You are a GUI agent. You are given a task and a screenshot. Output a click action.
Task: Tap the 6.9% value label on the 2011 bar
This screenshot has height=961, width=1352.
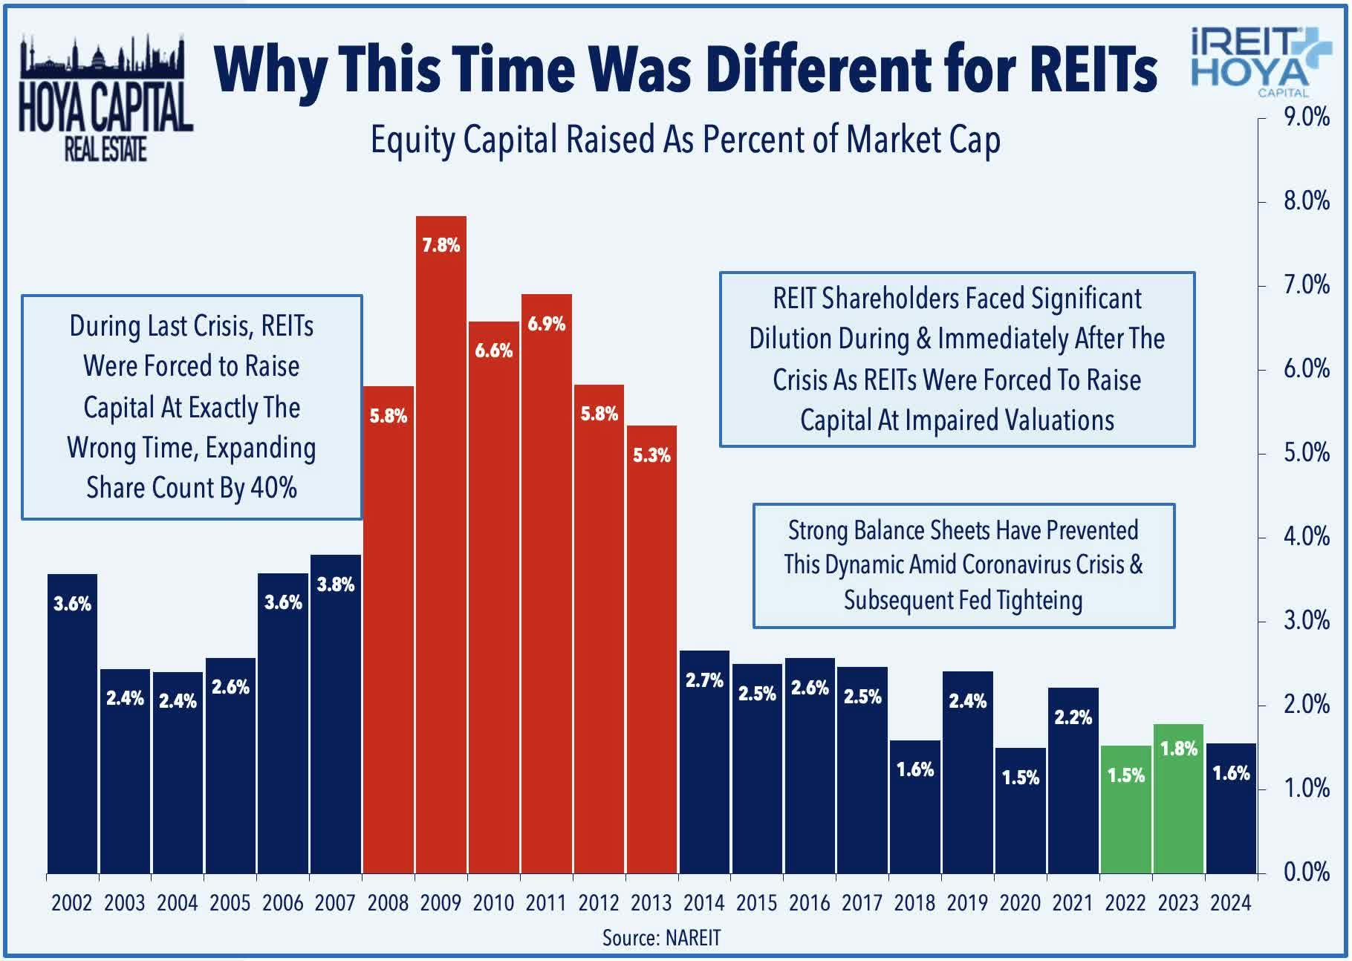tap(547, 324)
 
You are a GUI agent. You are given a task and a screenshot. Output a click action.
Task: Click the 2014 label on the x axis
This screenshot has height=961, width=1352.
tap(704, 903)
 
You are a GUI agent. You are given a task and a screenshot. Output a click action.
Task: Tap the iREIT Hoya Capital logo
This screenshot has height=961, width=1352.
tap(1252, 62)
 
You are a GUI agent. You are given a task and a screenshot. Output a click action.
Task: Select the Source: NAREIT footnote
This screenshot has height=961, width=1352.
tap(661, 938)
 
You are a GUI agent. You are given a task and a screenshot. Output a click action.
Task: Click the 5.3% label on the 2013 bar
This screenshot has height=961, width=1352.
tap(651, 455)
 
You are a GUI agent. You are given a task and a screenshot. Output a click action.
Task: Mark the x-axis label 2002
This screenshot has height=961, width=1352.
tap(72, 903)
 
